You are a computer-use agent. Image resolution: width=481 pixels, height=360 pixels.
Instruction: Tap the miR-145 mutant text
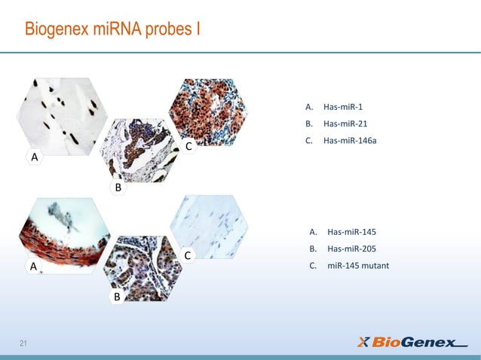coord(358,265)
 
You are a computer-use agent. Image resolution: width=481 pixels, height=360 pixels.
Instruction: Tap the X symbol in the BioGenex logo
coord(363,343)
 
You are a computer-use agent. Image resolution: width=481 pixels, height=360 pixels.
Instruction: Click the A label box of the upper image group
coord(34,157)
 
